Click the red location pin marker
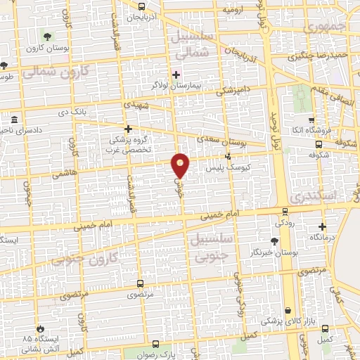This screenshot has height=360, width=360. pos(181,165)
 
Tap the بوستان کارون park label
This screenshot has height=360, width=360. pos(46,49)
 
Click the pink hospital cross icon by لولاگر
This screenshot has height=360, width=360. pos(176,74)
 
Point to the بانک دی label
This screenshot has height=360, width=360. pos(74,112)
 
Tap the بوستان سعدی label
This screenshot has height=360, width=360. pos(228,143)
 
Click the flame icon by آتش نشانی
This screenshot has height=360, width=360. pos(41,329)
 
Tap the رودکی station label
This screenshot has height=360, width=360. pos(284,222)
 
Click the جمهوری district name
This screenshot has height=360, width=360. pos(328,27)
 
